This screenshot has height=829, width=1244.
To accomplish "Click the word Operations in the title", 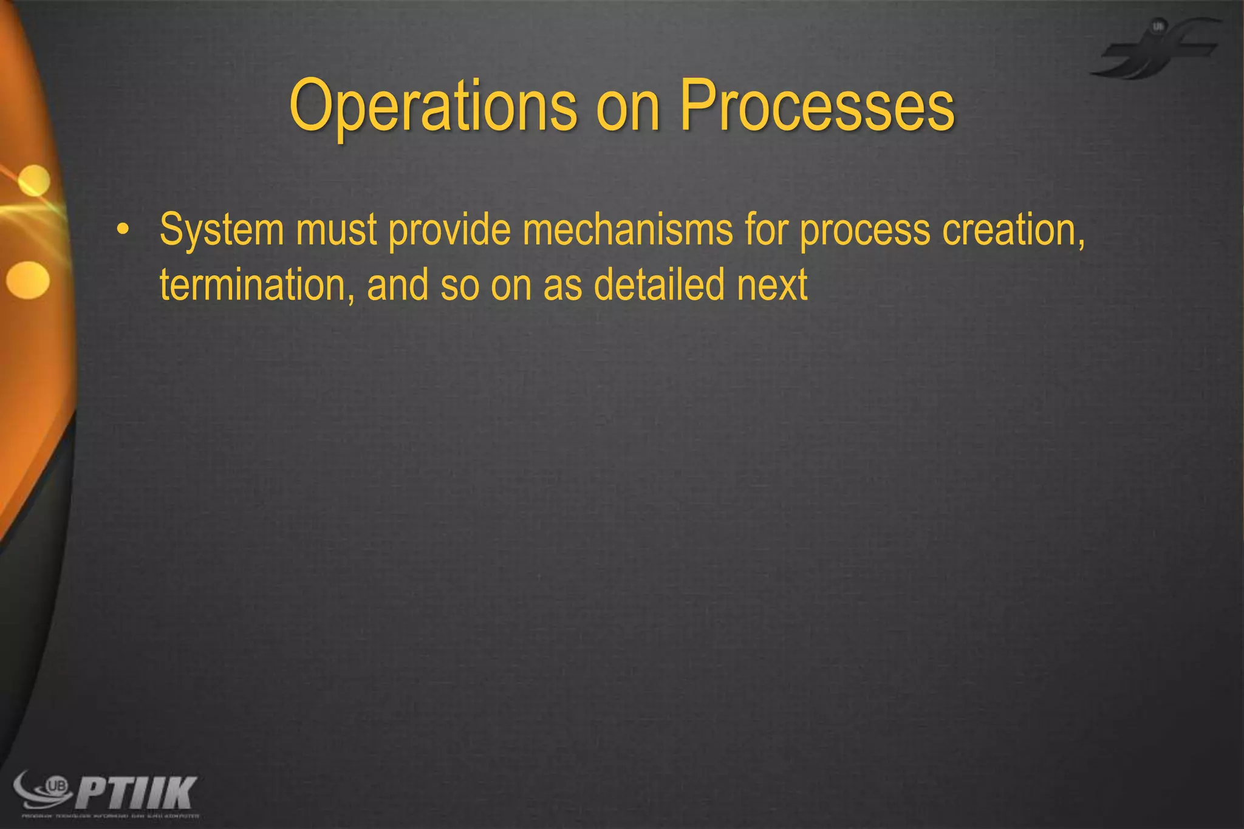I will point(433,107).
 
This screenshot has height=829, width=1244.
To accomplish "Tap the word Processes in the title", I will point(817,107).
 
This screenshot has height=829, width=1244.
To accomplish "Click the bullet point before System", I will point(123,231).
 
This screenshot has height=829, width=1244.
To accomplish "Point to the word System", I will point(222,231).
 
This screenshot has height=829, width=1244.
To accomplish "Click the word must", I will point(337,231).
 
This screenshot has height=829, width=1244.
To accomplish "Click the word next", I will point(773,285).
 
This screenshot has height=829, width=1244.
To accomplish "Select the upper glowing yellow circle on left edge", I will point(34,180).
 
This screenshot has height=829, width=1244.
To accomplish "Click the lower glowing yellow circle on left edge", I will point(28,280).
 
